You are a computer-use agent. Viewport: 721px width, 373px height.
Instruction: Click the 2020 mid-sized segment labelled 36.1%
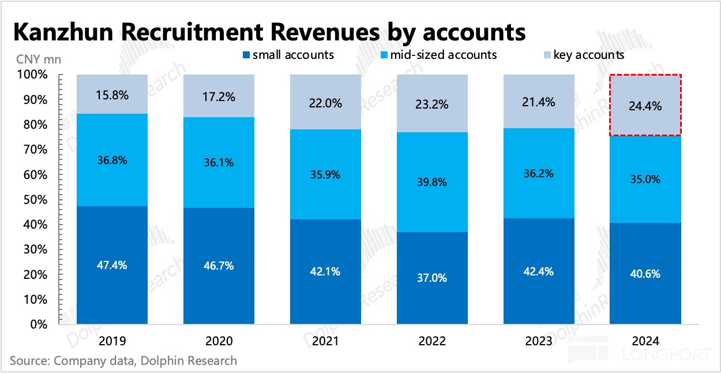[219, 162]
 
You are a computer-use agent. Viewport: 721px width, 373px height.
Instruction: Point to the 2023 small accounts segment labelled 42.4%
[539, 271]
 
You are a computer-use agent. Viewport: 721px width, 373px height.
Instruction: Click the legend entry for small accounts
[287, 55]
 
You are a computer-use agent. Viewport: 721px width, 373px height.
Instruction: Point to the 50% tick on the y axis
[37, 200]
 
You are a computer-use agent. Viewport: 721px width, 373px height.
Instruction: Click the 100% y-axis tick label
[34, 75]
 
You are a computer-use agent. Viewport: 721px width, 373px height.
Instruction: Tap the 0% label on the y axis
[40, 324]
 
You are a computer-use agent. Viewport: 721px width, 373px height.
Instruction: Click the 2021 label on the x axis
[326, 340]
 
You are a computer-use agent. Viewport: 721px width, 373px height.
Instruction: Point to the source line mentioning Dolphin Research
[123, 360]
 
